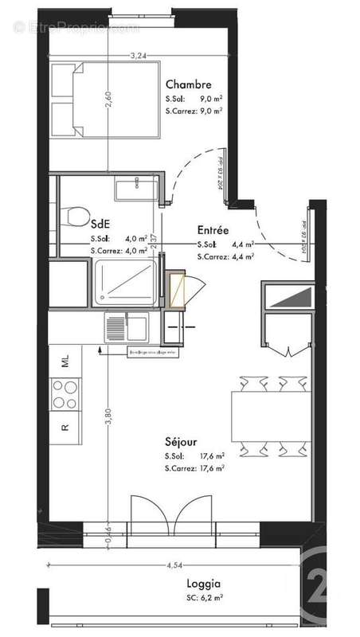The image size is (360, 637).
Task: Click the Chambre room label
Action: pyautogui.click(x=188, y=84)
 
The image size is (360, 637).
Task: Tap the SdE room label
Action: pyautogui.click(x=100, y=224)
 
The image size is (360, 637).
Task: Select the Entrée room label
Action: pyautogui.click(x=213, y=229)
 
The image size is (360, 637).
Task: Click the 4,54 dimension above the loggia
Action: pyautogui.click(x=176, y=566)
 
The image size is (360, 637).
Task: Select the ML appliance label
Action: pyautogui.click(x=65, y=362)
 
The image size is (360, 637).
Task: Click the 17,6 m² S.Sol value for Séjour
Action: pyautogui.click(x=210, y=455)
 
